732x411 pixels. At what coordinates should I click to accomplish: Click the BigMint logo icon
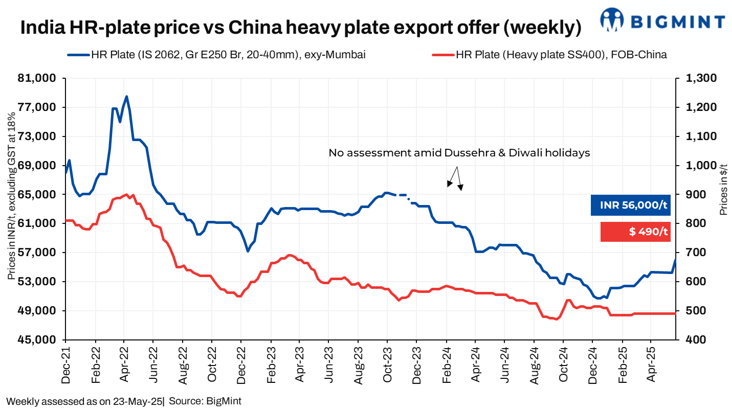(x=613, y=21)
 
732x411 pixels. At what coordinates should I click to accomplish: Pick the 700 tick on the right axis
(x=690, y=253)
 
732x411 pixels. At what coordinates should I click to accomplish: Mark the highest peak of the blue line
(x=126, y=96)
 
